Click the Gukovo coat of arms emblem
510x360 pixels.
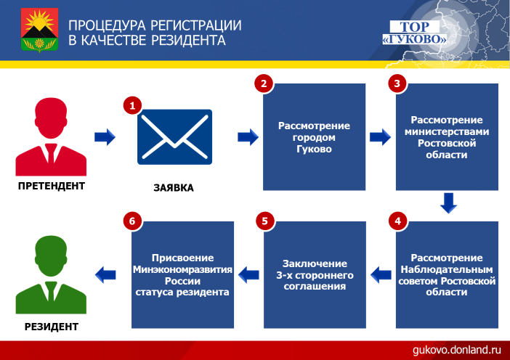click(39, 30)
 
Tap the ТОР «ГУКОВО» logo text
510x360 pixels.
click(414, 33)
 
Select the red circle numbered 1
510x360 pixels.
click(132, 105)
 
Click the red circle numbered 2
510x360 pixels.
click(264, 83)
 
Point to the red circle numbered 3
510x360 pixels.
click(397, 83)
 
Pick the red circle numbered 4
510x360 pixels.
click(397, 221)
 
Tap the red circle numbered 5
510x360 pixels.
click(264, 221)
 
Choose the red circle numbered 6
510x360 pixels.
click(132, 221)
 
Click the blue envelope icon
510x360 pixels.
click(174, 136)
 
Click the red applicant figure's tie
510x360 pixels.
click(51, 153)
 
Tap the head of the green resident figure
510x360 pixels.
click(51, 255)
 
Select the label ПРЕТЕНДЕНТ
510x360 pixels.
click(52, 186)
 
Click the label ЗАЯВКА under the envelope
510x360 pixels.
click(174, 188)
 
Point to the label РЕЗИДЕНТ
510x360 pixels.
click(52, 327)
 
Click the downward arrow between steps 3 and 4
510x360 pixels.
click(448, 203)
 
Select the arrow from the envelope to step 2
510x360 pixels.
click(248, 136)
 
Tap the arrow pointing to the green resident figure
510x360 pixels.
click(105, 275)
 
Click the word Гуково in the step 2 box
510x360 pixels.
click(314, 149)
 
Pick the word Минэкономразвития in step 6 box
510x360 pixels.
click(182, 269)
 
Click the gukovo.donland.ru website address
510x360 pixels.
click(457, 350)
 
